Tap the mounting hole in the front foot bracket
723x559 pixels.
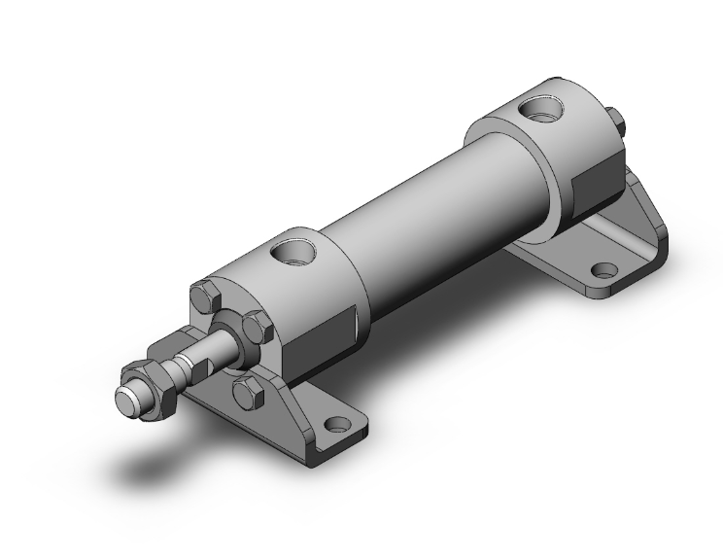click(337, 425)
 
